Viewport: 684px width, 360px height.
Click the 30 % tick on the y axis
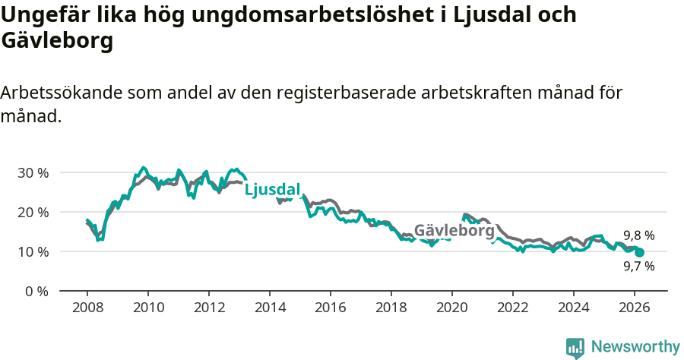pyautogui.click(x=33, y=172)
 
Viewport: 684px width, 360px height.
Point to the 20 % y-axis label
pyautogui.click(x=33, y=212)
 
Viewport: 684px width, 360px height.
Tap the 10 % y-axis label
pyautogui.click(x=33, y=251)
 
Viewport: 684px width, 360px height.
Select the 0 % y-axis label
pyautogui.click(x=36, y=291)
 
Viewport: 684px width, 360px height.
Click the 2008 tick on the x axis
pyautogui.click(x=87, y=307)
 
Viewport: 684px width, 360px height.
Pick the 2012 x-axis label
pyautogui.click(x=209, y=307)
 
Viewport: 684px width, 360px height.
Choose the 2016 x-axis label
pyautogui.click(x=331, y=307)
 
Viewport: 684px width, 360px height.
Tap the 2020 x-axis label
pyautogui.click(x=452, y=307)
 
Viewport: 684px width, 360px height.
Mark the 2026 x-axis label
pyautogui.click(x=635, y=307)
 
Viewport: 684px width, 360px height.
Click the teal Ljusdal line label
pyautogui.click(x=272, y=190)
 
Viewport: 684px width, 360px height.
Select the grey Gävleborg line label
pyautogui.click(x=454, y=229)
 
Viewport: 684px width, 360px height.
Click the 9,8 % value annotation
pyautogui.click(x=638, y=235)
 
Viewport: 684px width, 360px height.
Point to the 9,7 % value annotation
pyautogui.click(x=638, y=267)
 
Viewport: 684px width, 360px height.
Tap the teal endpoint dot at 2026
pyautogui.click(x=639, y=252)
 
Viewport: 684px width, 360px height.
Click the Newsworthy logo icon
pyautogui.click(x=575, y=348)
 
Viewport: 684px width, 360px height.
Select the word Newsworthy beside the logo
pyautogui.click(x=635, y=347)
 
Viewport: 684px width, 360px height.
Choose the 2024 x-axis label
pyautogui.click(x=574, y=307)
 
